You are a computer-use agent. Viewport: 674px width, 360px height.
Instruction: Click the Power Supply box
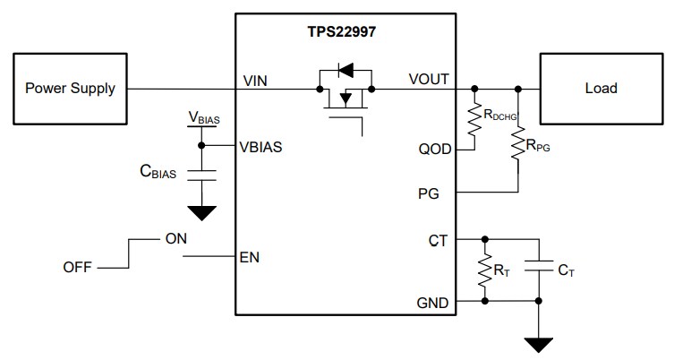pyautogui.click(x=70, y=88)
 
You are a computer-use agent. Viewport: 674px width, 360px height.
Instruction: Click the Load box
pyautogui.click(x=601, y=88)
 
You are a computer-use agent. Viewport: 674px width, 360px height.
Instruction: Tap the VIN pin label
pyautogui.click(x=256, y=81)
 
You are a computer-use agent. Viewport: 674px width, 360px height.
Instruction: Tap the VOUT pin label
pyautogui.click(x=429, y=81)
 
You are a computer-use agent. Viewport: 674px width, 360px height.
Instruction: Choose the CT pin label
pyautogui.click(x=439, y=240)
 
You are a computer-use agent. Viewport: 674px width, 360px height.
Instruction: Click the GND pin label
pyautogui.click(x=434, y=302)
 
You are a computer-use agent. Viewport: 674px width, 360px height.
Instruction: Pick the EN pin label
pyautogui.click(x=250, y=257)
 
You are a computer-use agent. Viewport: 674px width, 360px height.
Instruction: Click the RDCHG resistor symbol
pyautogui.click(x=474, y=117)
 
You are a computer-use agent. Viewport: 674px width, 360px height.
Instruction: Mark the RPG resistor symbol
pyautogui.click(x=517, y=143)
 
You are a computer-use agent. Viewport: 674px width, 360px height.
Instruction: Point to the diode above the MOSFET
pyautogui.click(x=345, y=68)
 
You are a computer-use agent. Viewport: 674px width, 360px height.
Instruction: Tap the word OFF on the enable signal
pyautogui.click(x=78, y=267)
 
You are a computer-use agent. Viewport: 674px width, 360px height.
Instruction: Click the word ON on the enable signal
pyautogui.click(x=175, y=240)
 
